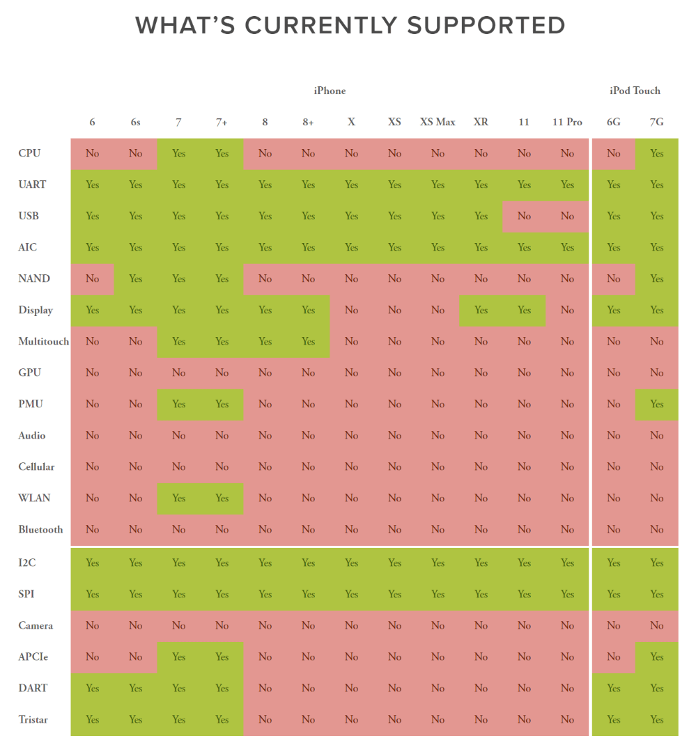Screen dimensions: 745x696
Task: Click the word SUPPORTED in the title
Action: click(486, 26)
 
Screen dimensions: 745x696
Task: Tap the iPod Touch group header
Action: click(635, 91)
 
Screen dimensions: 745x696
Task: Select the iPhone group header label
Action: click(330, 91)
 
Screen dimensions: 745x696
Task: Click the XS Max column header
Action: click(438, 122)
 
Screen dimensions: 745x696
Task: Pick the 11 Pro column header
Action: click(567, 122)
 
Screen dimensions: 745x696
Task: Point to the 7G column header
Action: click(656, 122)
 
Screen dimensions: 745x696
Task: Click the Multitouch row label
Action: click(44, 341)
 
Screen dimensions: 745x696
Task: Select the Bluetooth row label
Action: click(40, 529)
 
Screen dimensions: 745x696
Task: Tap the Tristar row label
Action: click(33, 719)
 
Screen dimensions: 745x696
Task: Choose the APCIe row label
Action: click(33, 657)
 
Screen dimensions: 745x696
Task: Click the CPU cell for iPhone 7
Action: click(178, 153)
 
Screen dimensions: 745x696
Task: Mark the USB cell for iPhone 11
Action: click(524, 216)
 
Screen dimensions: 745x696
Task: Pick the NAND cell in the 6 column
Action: click(92, 279)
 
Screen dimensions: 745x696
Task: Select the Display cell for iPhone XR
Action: click(481, 310)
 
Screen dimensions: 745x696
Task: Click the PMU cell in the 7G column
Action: click(656, 404)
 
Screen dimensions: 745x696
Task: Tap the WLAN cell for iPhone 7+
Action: click(222, 498)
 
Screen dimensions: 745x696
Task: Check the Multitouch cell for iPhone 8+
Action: click(308, 341)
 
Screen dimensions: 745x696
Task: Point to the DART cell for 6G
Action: click(613, 688)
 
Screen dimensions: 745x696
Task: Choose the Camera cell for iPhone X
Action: click(351, 625)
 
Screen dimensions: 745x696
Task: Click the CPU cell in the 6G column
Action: click(613, 153)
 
